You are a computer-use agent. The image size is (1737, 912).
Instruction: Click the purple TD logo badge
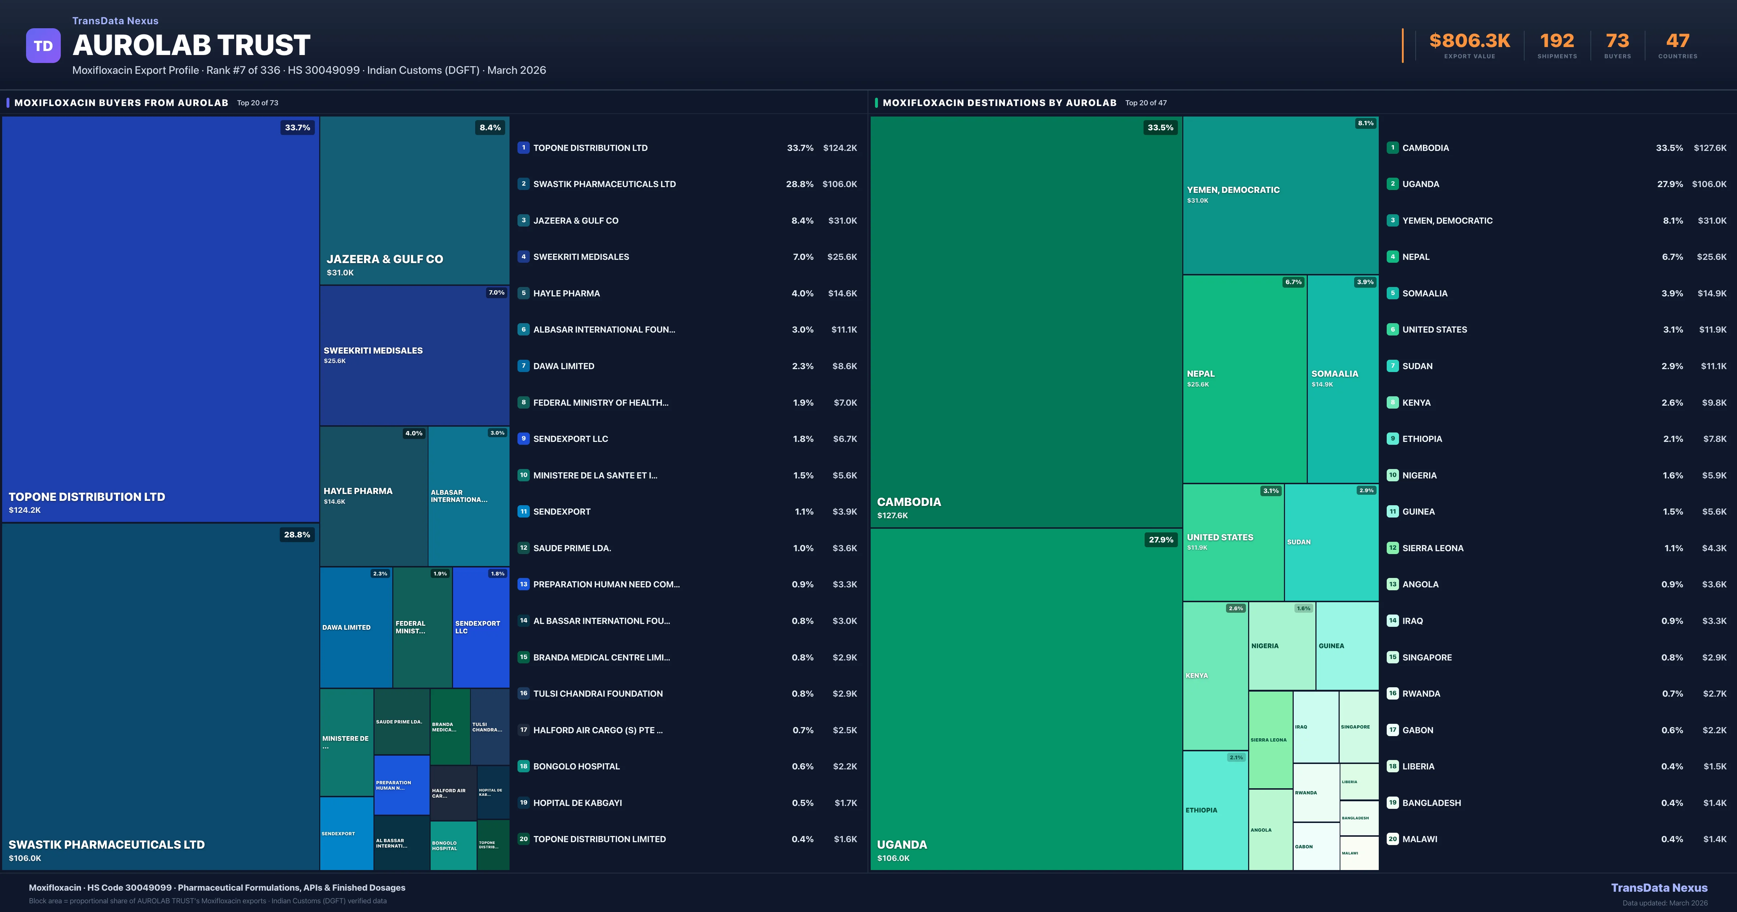[43, 46]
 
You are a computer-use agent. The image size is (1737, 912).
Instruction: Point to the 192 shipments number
[1556, 41]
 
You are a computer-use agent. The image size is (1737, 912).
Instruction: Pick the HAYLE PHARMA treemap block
[373, 496]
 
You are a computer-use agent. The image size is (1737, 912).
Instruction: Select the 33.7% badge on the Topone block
[297, 127]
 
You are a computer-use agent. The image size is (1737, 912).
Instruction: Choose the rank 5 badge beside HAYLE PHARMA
[523, 294]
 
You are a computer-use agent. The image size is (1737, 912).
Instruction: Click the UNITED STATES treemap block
[1233, 542]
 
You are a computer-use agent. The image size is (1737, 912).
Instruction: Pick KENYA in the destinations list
[1416, 403]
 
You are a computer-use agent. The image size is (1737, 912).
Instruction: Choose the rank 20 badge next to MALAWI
[1392, 839]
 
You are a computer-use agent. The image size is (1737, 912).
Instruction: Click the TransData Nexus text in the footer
[1659, 888]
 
